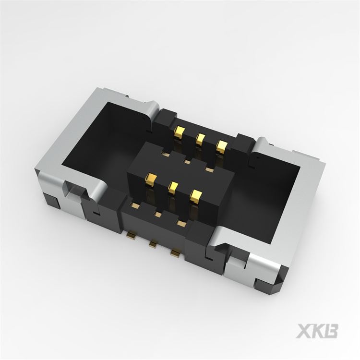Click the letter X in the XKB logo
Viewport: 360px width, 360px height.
(x=304, y=331)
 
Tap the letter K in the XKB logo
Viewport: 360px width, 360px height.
(x=318, y=331)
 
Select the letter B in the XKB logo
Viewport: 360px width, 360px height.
(x=331, y=331)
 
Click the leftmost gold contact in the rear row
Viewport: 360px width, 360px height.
(x=179, y=132)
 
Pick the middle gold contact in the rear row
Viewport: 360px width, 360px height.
(x=200, y=139)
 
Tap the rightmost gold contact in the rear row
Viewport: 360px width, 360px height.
(x=221, y=146)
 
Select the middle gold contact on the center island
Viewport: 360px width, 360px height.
(x=173, y=188)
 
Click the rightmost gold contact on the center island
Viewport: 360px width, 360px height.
(x=195, y=196)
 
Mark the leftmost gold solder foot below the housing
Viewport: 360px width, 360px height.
(x=130, y=235)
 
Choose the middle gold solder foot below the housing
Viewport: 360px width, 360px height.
(x=153, y=244)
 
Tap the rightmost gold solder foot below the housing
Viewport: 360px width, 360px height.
(x=176, y=252)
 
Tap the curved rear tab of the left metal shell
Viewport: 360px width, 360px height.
(x=153, y=109)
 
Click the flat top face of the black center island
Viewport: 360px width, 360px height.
(x=180, y=168)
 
